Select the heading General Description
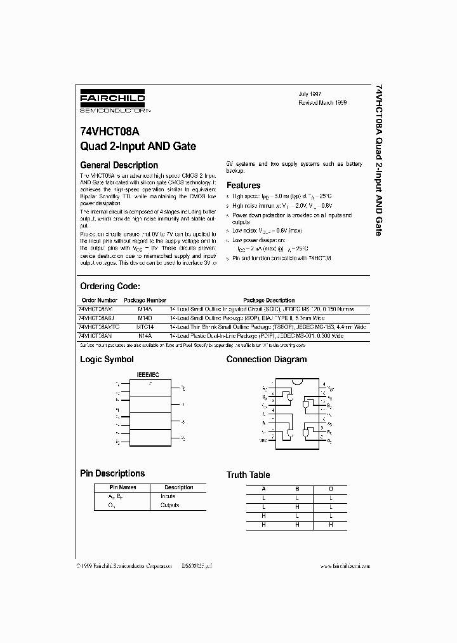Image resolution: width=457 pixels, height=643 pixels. (119, 165)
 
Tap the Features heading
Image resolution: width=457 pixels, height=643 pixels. (243, 186)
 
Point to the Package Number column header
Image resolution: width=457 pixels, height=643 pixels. (145, 300)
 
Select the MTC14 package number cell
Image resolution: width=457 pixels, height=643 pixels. (145, 326)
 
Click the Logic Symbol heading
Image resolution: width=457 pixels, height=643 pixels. (107, 360)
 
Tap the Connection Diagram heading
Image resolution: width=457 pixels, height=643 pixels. (267, 360)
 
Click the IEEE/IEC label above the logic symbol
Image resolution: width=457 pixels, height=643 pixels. (150, 375)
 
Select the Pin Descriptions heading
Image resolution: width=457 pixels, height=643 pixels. (112, 473)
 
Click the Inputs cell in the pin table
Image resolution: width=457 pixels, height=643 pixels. (168, 496)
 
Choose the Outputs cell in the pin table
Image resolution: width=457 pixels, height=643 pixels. (169, 505)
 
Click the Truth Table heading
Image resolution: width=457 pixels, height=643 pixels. (248, 475)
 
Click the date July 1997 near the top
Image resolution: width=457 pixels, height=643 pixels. (310, 93)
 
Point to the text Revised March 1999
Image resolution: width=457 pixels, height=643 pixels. (324, 102)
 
